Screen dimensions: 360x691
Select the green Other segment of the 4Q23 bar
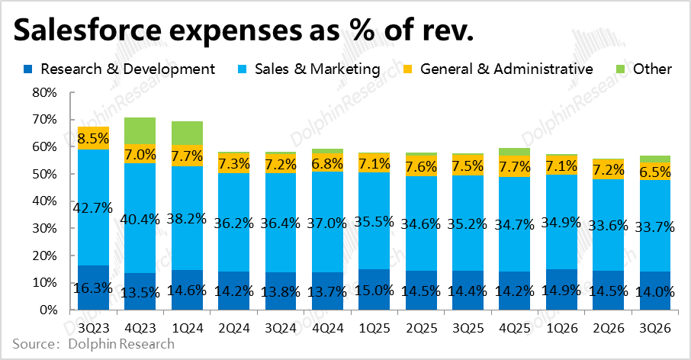(x=140, y=131)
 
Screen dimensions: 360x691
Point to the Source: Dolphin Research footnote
(x=93, y=344)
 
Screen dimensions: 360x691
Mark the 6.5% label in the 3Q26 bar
(x=655, y=172)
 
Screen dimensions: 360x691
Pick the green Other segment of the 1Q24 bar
(x=186, y=133)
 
